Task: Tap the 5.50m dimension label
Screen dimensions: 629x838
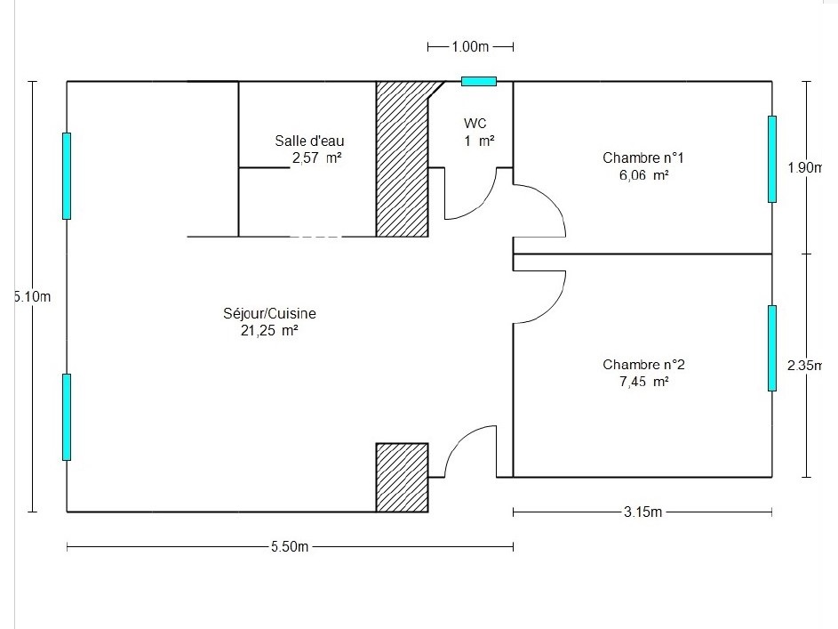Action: coord(290,547)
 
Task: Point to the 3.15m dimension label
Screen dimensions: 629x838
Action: coord(643,512)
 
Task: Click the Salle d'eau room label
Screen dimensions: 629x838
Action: coord(309,141)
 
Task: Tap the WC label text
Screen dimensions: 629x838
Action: coord(475,123)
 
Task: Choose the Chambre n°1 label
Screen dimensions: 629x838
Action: coord(643,158)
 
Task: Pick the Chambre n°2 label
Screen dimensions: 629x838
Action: coord(643,365)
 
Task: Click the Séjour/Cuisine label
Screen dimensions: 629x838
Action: coord(270,314)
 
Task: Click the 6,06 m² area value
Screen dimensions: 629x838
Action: coord(643,176)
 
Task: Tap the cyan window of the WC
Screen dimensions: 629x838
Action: coord(479,82)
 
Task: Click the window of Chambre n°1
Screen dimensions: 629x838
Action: coord(772,159)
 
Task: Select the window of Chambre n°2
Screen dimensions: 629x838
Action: coord(772,348)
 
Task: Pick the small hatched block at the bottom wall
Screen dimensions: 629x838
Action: coord(402,477)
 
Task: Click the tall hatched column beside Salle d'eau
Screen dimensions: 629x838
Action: coord(402,159)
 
